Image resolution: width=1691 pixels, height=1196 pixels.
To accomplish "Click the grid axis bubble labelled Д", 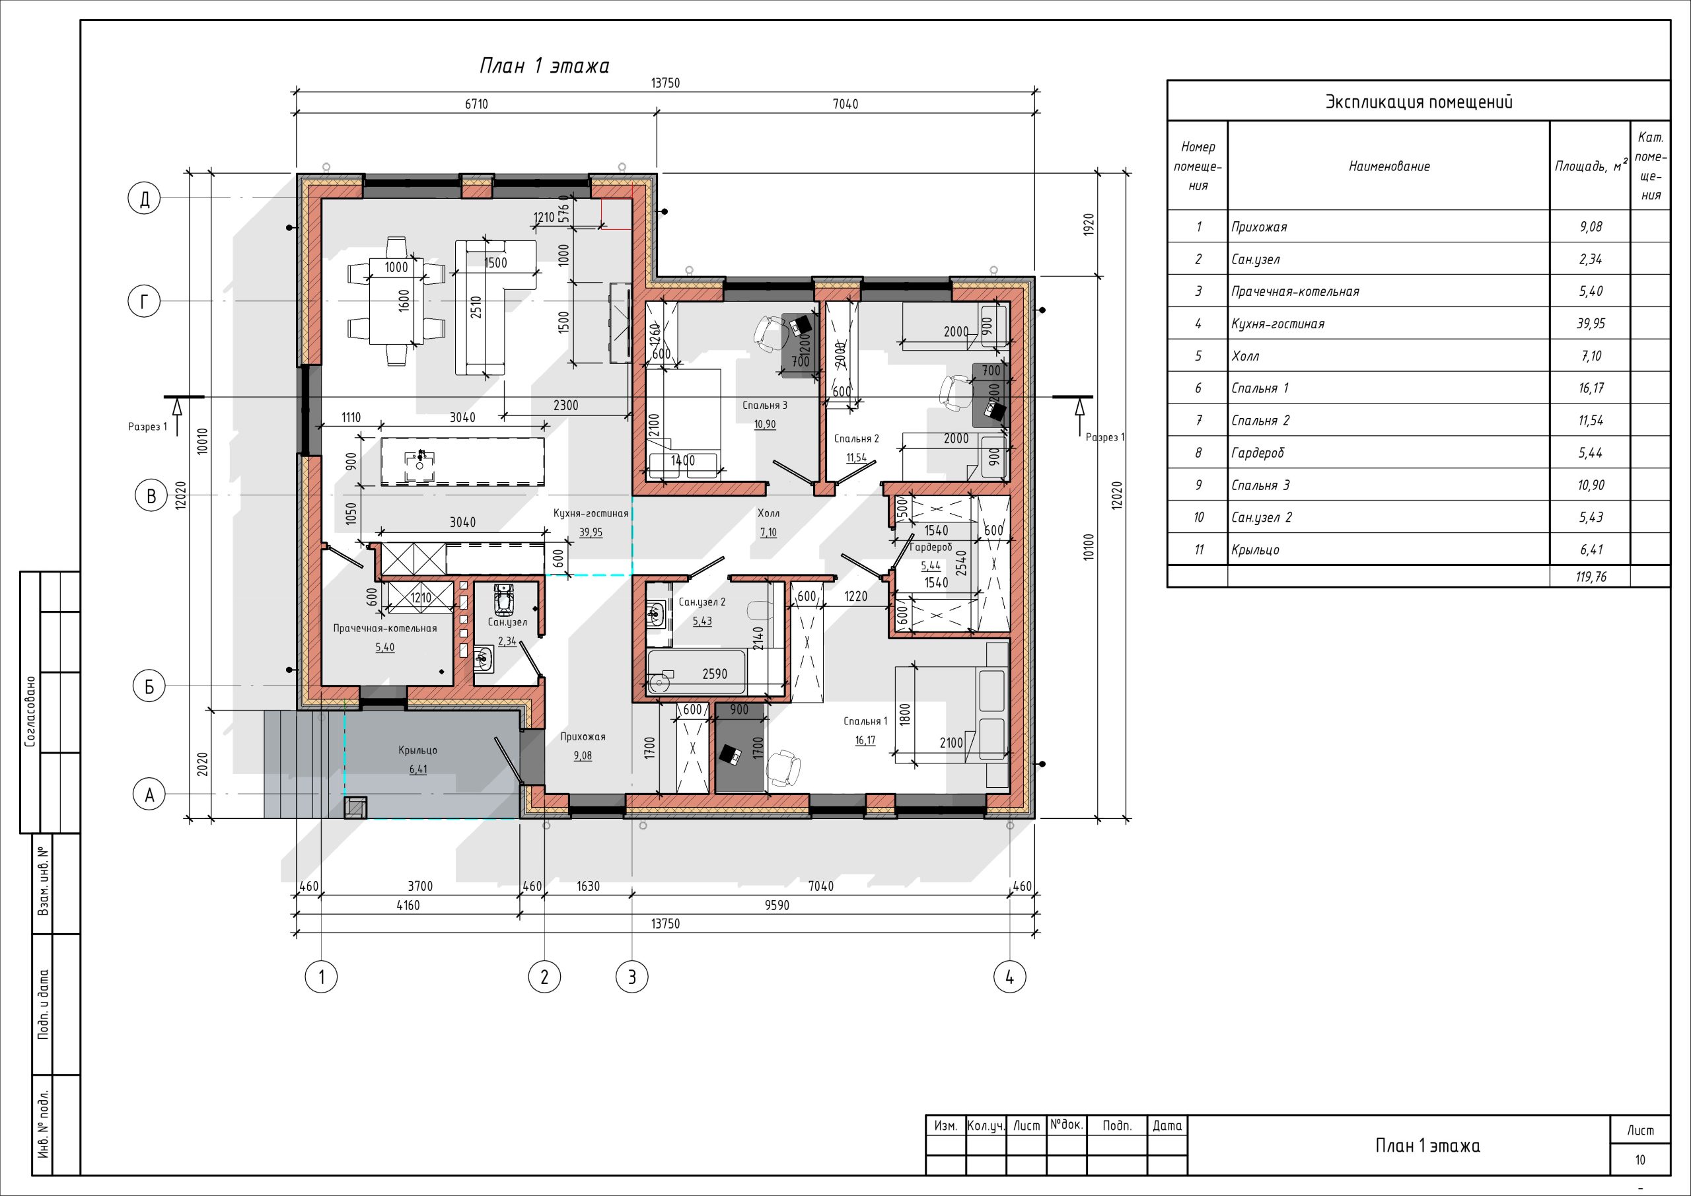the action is [145, 199].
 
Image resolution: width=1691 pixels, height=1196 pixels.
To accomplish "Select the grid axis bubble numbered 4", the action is [1010, 977].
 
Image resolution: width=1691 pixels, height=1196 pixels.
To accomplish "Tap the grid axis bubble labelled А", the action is [149, 795].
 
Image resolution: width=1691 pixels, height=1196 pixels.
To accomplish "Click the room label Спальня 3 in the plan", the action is [764, 405].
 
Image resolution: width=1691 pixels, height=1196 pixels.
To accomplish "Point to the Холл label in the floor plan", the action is [768, 513].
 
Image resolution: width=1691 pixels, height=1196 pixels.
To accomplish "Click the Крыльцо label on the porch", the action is [417, 750].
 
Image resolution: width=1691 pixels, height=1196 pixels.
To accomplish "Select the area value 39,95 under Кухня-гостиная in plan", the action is [591, 532].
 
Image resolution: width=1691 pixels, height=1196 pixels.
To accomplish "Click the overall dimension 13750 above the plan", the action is [665, 83].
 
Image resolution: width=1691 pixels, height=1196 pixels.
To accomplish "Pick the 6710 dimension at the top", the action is [476, 104].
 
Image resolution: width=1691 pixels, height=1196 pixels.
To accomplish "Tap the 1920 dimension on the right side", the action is [1089, 225].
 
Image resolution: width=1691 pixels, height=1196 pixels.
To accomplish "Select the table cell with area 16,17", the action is [1590, 388].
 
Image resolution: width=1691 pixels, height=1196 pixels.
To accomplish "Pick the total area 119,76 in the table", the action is [1591, 577].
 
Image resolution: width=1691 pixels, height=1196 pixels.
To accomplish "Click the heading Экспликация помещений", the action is [1418, 102].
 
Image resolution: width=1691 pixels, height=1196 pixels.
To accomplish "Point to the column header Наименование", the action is [1389, 166].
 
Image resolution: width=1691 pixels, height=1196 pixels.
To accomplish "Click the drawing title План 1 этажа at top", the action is [544, 66].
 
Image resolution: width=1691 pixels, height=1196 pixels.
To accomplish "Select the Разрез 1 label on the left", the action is [147, 427].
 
